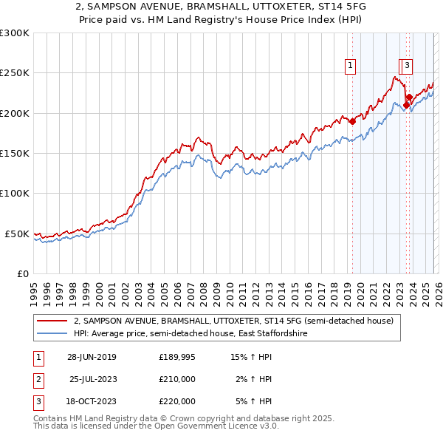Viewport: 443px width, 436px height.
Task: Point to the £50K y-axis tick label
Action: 16,234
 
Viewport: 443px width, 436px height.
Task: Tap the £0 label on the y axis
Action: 22,273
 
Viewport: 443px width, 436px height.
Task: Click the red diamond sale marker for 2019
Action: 352,121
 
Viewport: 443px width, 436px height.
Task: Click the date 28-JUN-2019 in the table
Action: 92,357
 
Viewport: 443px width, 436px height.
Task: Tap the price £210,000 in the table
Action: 177,379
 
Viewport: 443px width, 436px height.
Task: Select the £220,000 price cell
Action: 177,401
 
